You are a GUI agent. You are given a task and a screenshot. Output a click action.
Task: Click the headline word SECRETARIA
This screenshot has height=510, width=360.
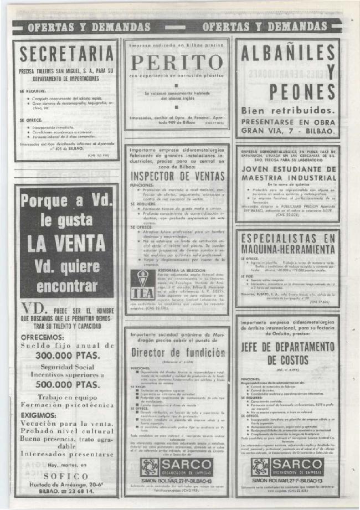[x=66, y=54]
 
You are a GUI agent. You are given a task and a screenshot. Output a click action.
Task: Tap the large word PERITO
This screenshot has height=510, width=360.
[x=177, y=62]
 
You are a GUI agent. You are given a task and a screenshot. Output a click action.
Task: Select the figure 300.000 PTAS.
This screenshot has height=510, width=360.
[x=66, y=355]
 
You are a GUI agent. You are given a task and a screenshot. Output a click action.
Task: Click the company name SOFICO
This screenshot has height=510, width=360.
[x=66, y=476]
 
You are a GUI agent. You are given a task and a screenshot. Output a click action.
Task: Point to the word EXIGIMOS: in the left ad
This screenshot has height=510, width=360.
[x=38, y=414]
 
